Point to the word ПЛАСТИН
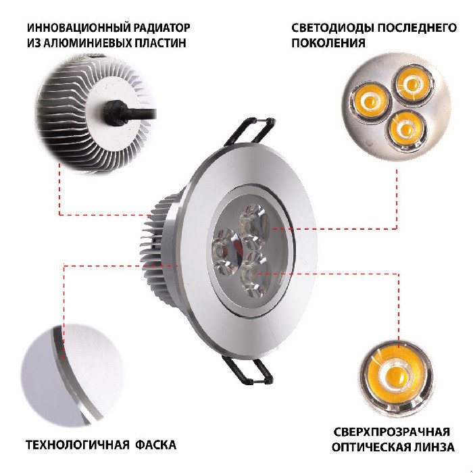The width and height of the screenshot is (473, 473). pyautogui.click(x=160, y=43)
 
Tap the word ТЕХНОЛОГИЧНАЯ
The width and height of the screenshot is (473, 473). pyautogui.click(x=77, y=445)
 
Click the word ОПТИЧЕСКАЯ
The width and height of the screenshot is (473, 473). pyautogui.click(x=370, y=447)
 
